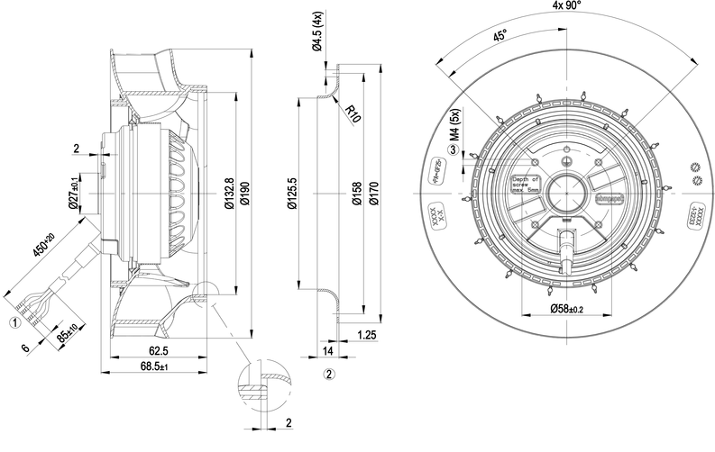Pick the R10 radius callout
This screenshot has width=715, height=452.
click(x=353, y=113)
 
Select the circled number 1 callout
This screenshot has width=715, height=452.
click(x=14, y=321)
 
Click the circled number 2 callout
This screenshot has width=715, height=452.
click(x=330, y=372)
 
